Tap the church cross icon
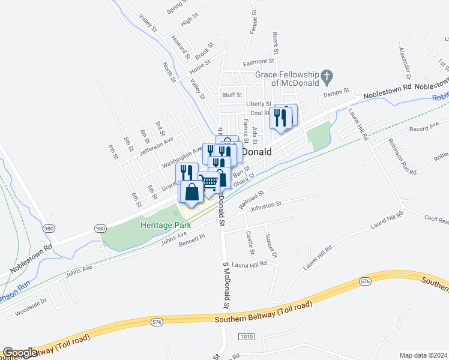pyautogui.click(x=327, y=76)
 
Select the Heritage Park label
pyautogui.click(x=165, y=225)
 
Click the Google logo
pyautogui.click(x=20, y=353)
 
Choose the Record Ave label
pyautogui.click(x=424, y=129)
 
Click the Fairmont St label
pyautogui.click(x=258, y=61)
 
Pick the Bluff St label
pyautogui.click(x=232, y=95)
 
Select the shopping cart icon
pyautogui.click(x=209, y=181)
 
